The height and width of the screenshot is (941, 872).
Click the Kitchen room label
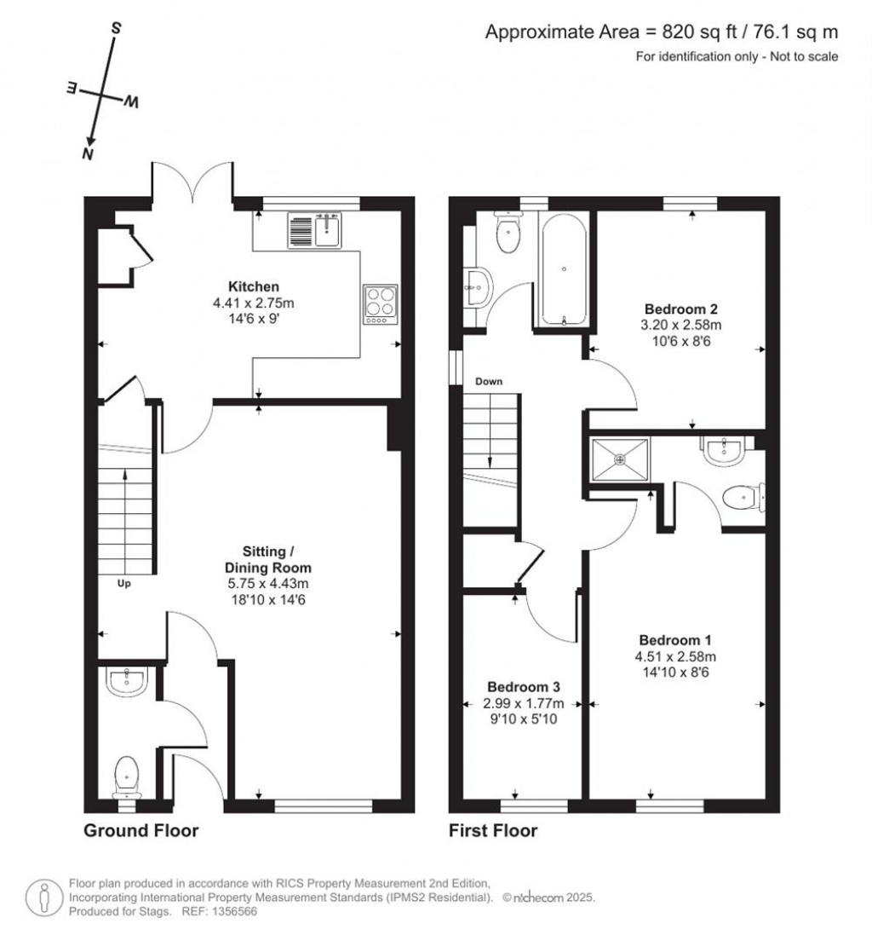point(254,286)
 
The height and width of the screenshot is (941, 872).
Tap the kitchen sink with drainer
point(314,230)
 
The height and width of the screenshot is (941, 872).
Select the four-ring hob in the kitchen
point(381,304)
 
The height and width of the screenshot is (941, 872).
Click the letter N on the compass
point(89,153)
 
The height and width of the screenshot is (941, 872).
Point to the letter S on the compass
point(117,27)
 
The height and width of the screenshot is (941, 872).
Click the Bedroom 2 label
point(680,309)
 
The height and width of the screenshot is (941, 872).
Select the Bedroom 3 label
point(524,686)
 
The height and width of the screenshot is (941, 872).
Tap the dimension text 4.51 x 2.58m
point(675,656)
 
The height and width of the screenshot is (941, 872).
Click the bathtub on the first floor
point(563,268)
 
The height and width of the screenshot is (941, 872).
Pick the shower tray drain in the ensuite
point(620,459)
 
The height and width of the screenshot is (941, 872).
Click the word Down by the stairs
point(489,381)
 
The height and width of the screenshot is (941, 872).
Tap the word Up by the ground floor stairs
point(123,583)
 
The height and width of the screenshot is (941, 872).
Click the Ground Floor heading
point(141,830)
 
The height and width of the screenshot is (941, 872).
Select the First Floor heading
point(493,830)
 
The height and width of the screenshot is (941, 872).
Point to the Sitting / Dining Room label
point(268,559)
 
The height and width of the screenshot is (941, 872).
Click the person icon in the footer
point(43,898)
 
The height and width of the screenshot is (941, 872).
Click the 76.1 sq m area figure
point(795,32)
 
